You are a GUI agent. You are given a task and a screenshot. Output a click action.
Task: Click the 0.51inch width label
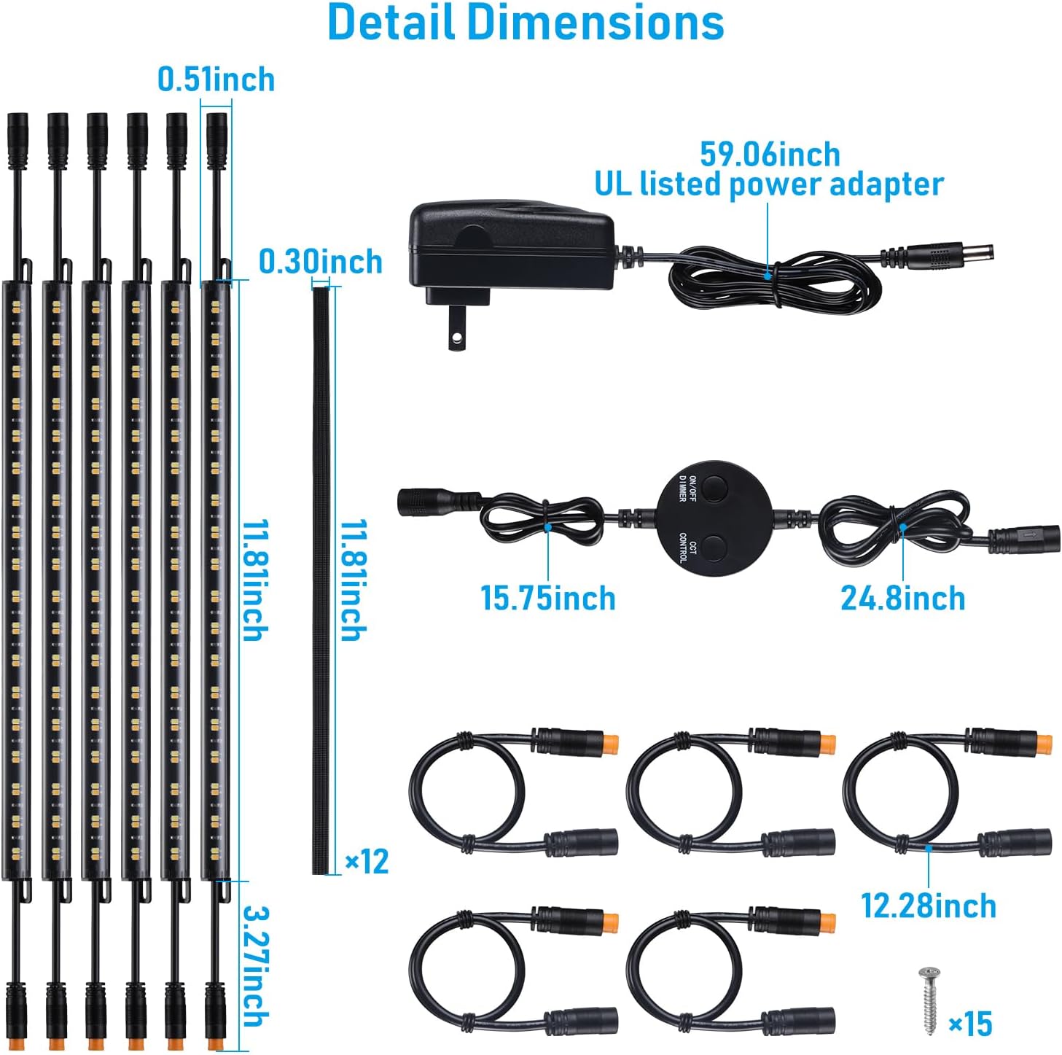click(216, 79)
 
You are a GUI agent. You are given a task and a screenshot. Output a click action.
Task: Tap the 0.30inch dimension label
click(320, 262)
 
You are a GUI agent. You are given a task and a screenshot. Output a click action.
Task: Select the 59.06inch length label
click(770, 155)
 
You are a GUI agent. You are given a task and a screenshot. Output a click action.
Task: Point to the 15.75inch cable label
click(548, 599)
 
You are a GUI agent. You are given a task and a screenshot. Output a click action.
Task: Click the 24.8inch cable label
click(902, 599)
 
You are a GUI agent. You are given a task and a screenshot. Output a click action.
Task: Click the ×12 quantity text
click(367, 861)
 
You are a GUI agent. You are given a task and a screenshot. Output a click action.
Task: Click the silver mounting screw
click(930, 1000)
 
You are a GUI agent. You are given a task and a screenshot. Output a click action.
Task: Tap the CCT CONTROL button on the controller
click(715, 548)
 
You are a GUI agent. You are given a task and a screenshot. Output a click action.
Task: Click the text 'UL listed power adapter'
click(770, 184)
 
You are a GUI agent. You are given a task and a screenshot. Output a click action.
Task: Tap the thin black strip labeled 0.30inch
click(321, 580)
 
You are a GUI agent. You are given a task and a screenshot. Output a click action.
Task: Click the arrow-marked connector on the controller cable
click(1025, 535)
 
